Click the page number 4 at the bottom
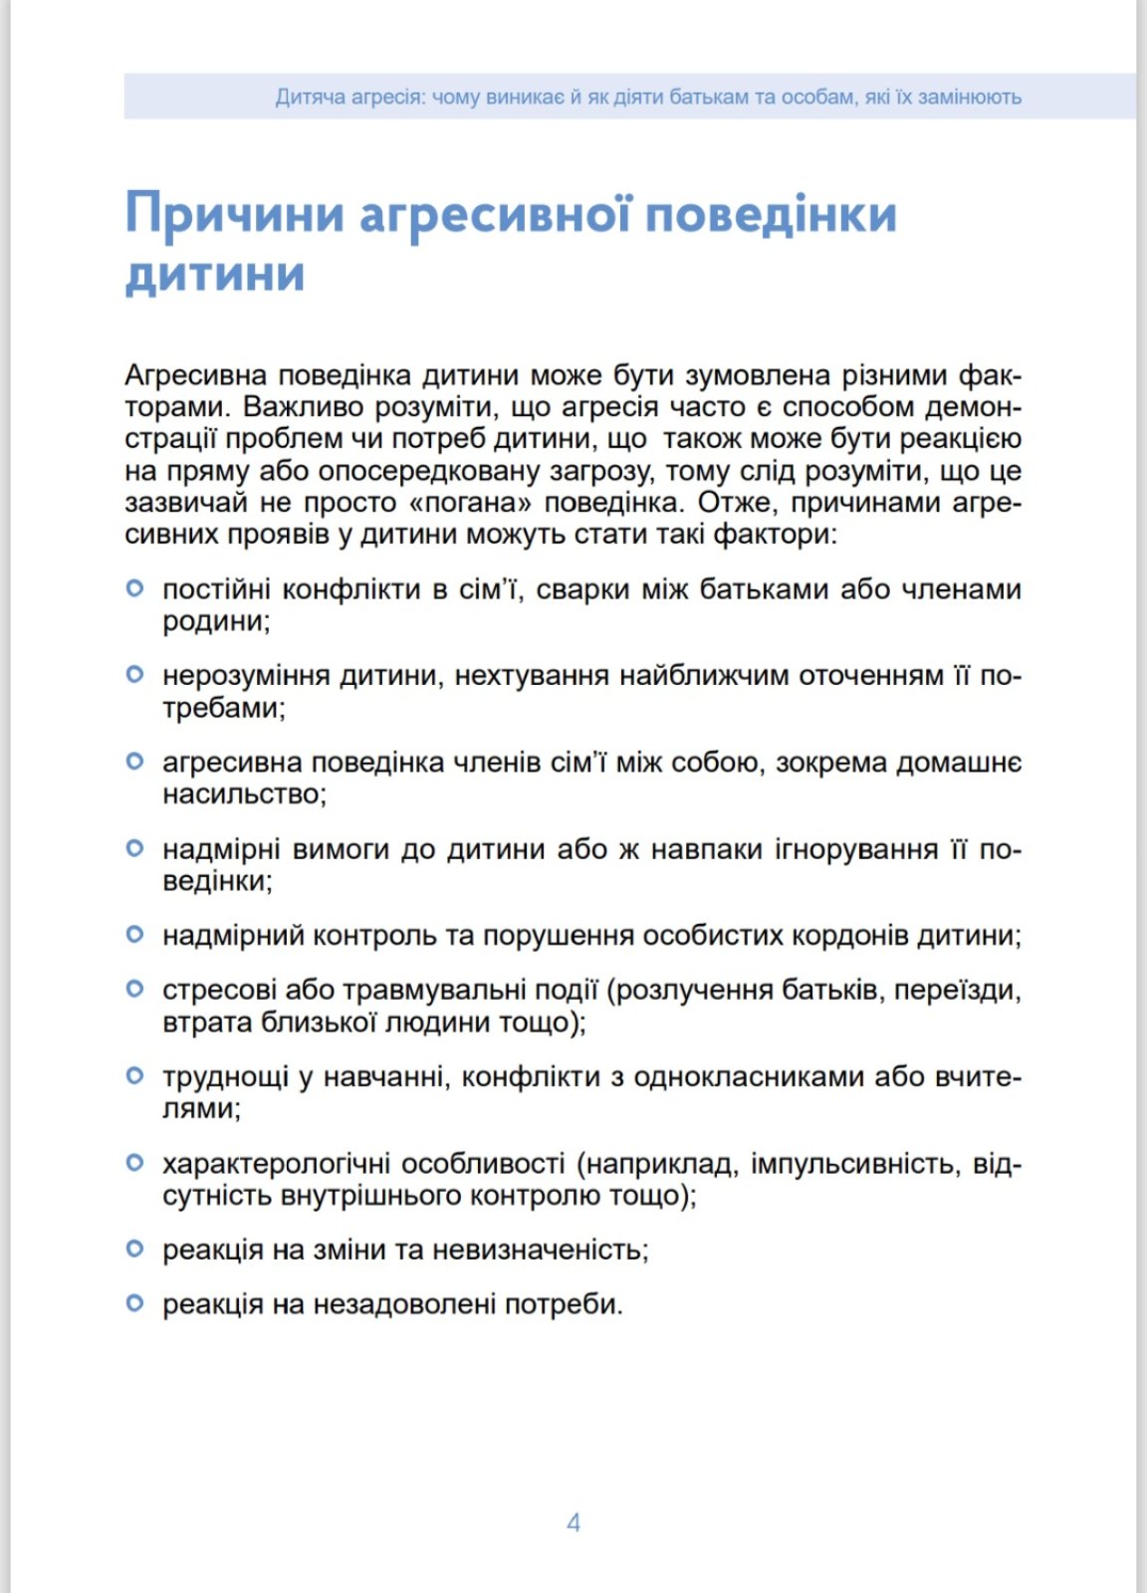(x=573, y=1522)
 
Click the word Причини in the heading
(x=235, y=214)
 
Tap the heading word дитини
(x=215, y=276)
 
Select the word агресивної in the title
(x=495, y=214)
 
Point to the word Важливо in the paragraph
(x=305, y=407)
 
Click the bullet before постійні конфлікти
(x=135, y=588)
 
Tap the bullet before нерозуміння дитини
(x=135, y=675)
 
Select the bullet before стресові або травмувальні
(x=135, y=990)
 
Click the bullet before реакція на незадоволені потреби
(x=135, y=1303)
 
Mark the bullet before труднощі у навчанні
(x=135, y=1076)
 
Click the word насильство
(x=245, y=795)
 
